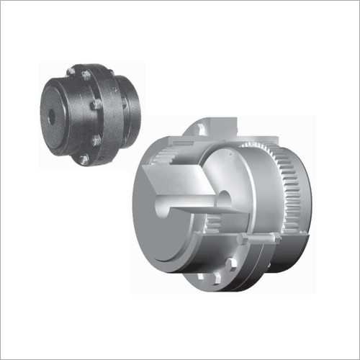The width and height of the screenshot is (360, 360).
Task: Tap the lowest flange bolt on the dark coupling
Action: pyautogui.click(x=84, y=160)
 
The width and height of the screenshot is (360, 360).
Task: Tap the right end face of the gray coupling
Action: pyautogui.click(x=317, y=202)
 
